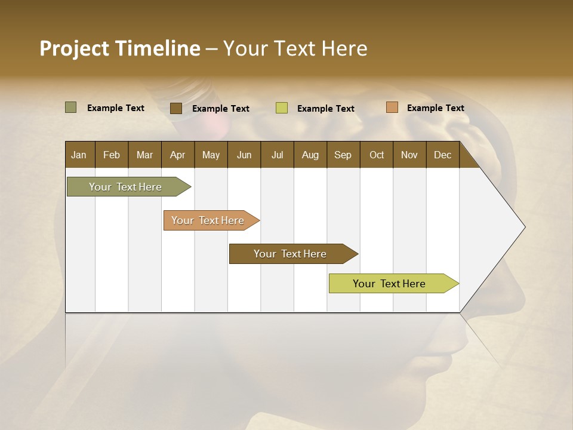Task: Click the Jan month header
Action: pos(79,155)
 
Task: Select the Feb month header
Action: pos(112,155)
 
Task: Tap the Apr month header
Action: pos(177,155)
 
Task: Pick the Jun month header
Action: pos(244,155)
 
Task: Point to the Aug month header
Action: pos(310,155)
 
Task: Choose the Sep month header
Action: pos(343,155)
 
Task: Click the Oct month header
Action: pos(377,155)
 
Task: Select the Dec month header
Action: pos(442,155)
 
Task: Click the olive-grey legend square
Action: pos(70,107)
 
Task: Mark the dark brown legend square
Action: pos(176,108)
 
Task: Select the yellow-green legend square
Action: pos(282,108)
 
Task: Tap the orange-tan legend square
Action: pos(392,107)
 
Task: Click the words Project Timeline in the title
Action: pos(120,48)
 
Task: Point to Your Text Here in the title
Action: pos(295,48)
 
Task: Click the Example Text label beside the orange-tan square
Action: pos(435,108)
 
